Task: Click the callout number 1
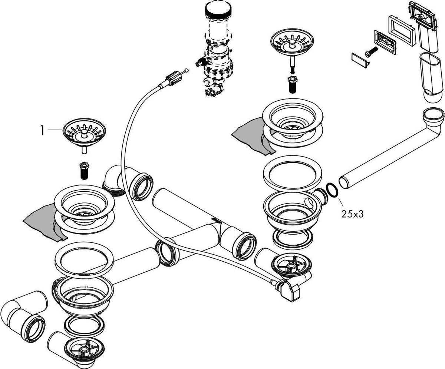(43, 131)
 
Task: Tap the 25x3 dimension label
(352, 214)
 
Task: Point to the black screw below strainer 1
(84, 171)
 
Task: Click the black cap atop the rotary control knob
(218, 10)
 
